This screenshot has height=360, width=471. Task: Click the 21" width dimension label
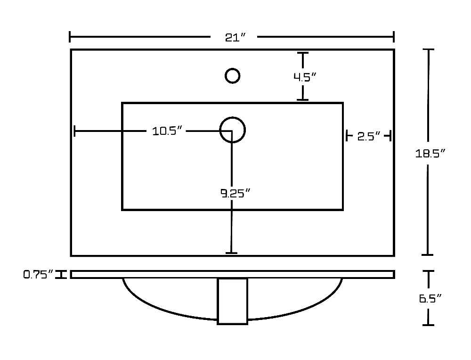pyautogui.click(x=235, y=37)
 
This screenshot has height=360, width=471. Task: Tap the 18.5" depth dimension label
pyautogui.click(x=430, y=154)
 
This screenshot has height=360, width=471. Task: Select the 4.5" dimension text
pyautogui.click(x=305, y=77)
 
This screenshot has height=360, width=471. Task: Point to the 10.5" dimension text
pyautogui.click(x=167, y=131)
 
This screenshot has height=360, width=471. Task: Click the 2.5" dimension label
pyautogui.click(x=369, y=137)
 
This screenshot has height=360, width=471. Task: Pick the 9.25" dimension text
pyautogui.click(x=235, y=193)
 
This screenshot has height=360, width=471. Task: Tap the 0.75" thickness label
pyautogui.click(x=38, y=274)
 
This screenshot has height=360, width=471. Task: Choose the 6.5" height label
pyautogui.click(x=430, y=299)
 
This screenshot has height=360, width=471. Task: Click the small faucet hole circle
pyautogui.click(x=232, y=76)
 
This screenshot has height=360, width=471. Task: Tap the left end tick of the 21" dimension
pyautogui.click(x=70, y=37)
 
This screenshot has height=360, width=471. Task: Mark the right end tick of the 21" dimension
pyautogui.click(x=394, y=37)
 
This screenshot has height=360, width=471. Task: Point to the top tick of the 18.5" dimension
pyautogui.click(x=428, y=49)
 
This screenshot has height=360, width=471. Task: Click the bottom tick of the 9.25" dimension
pyautogui.click(x=231, y=253)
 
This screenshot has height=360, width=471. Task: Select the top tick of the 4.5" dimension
pyautogui.click(x=303, y=53)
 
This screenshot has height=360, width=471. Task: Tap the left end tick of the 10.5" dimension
pyautogui.click(x=74, y=131)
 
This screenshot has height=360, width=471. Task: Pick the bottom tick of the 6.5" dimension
pyautogui.click(x=428, y=325)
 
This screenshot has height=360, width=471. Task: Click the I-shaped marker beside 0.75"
pyautogui.click(x=61, y=274)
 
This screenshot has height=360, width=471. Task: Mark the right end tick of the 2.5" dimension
pyautogui.click(x=390, y=136)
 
